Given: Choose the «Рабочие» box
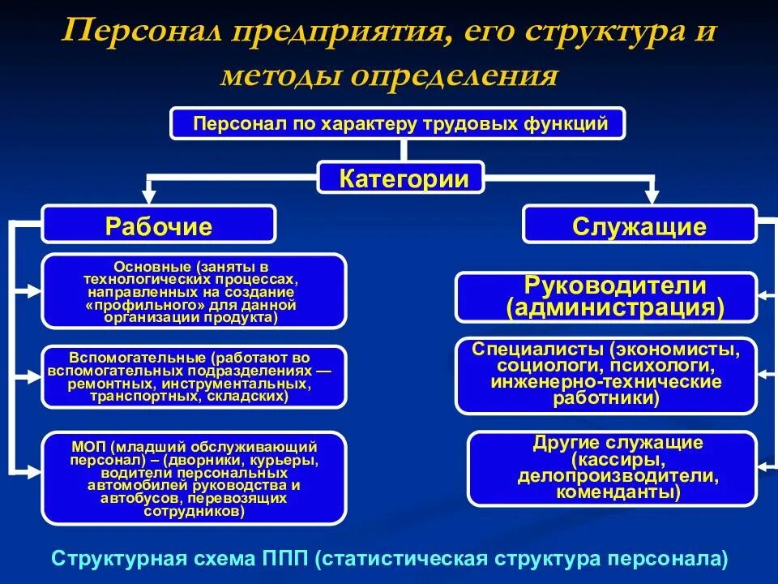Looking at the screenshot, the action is (158, 225).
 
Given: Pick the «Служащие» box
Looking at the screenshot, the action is (639, 225).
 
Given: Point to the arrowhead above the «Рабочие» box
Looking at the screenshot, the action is (148, 195).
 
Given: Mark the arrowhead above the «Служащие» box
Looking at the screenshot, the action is (651, 195).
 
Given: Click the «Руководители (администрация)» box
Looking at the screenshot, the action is (605, 297).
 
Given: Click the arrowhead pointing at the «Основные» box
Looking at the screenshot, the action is (32, 289).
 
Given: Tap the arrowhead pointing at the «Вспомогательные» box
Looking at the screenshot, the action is (32, 376).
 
